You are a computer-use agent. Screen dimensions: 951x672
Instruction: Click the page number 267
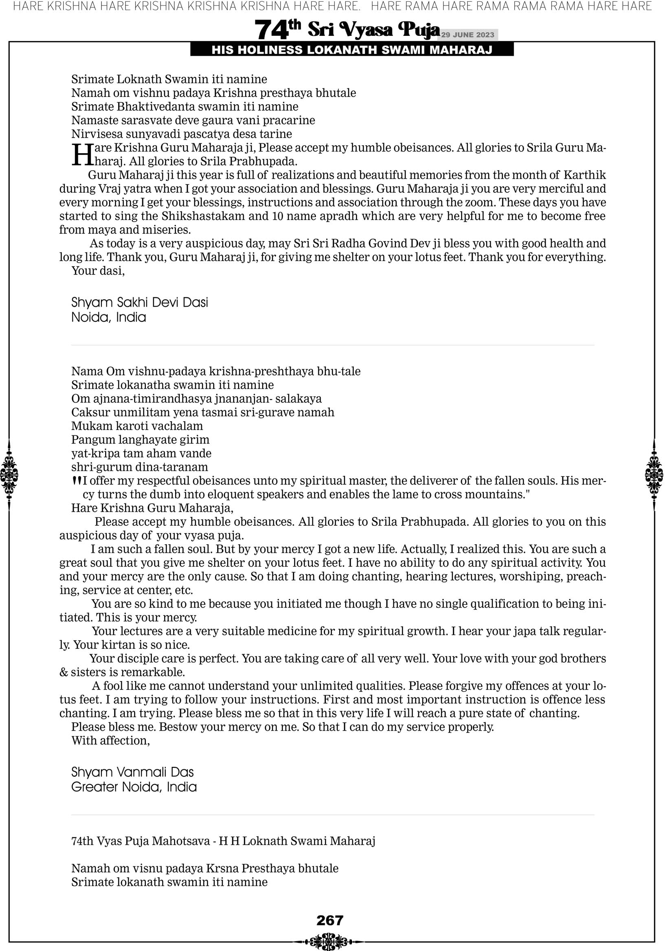pyautogui.click(x=330, y=920)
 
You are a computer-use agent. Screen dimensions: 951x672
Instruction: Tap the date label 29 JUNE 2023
pyautogui.click(x=467, y=35)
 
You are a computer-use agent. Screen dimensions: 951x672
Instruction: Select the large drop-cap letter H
pyautogui.click(x=82, y=155)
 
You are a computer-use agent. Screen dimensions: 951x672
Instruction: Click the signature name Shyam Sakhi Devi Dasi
pyautogui.click(x=140, y=302)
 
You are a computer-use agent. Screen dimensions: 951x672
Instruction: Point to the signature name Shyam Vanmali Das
pyautogui.click(x=132, y=772)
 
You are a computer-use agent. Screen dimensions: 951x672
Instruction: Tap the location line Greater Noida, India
pyautogui.click(x=134, y=787)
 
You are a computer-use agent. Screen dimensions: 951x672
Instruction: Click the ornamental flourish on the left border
pyautogui.click(x=9, y=475)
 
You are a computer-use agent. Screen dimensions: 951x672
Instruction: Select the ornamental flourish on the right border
pyautogui.click(x=654, y=475)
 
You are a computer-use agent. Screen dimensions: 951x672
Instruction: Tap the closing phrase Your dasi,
pyautogui.click(x=98, y=271)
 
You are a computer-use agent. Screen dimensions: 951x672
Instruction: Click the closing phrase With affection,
pyautogui.click(x=111, y=740)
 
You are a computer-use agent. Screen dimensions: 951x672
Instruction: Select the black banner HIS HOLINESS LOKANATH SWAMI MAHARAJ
pyautogui.click(x=352, y=50)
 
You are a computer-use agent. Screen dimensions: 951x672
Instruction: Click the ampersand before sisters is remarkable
pyautogui.click(x=64, y=672)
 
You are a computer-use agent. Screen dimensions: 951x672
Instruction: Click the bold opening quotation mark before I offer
pyautogui.click(x=76, y=481)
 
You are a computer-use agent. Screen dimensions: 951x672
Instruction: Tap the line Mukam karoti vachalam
pyautogui.click(x=137, y=426)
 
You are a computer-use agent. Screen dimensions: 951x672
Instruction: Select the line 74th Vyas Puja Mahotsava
pyautogui.click(x=223, y=841)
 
